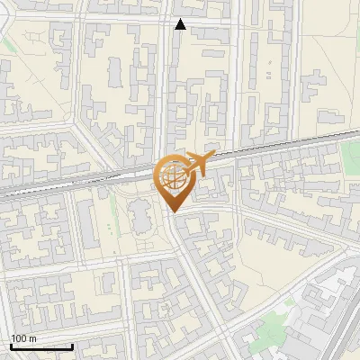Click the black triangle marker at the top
click(x=180, y=24)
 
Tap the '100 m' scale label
click(x=23, y=338)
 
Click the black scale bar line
click(x=41, y=346)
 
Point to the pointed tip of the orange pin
click(x=173, y=211)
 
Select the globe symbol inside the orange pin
click(x=173, y=175)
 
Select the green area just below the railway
click(x=351, y=157)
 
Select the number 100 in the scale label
click(x=19, y=338)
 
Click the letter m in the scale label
click(x=32, y=338)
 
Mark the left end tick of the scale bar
click(x=11, y=346)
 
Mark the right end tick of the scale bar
click(x=72, y=346)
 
